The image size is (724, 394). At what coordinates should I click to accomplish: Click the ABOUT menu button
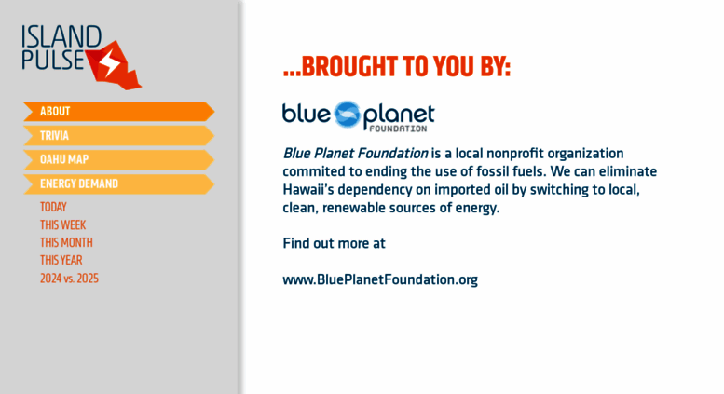[118, 111]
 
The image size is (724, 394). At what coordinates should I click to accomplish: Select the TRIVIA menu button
[118, 136]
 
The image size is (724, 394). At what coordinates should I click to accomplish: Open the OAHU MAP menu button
[118, 159]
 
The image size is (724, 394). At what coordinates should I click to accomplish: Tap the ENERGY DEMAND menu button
[118, 183]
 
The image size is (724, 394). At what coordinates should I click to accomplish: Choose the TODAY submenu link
[53, 207]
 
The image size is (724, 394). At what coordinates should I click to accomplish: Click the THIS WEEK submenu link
[62, 224]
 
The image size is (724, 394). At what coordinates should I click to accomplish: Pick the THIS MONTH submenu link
[66, 242]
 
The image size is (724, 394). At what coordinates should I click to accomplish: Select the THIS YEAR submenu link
[61, 260]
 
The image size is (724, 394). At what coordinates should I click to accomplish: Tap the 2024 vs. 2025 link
[69, 279]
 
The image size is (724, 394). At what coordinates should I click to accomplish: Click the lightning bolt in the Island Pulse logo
[110, 63]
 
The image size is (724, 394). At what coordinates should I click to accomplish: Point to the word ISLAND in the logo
[61, 36]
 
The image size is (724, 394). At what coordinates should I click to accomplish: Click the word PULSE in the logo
[52, 60]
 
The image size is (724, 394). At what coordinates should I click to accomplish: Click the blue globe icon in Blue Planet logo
[347, 114]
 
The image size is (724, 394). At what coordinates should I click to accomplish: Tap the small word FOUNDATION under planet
[398, 129]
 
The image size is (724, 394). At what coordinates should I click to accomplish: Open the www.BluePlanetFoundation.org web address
[380, 279]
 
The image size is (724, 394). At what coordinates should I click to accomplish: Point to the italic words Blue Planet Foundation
[355, 153]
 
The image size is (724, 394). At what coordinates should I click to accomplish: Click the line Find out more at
[334, 243]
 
